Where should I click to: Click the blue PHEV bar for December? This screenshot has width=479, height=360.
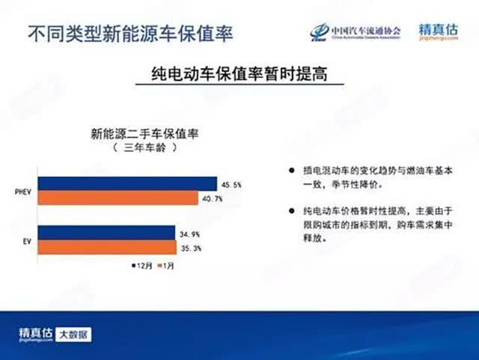[x=127, y=184]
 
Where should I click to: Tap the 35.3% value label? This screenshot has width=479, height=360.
[x=192, y=248]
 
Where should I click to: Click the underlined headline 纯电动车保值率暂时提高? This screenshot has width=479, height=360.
[x=239, y=76]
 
